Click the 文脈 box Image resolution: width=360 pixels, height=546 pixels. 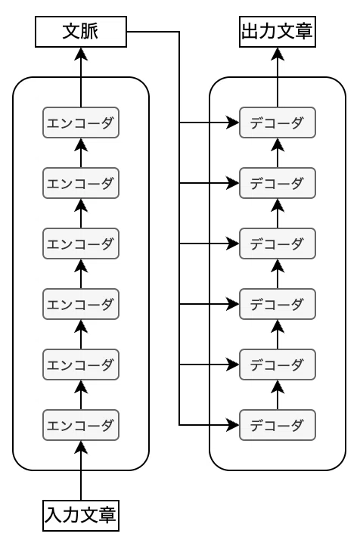pyautogui.click(x=81, y=31)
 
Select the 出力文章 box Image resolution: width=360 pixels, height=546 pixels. pyautogui.click(x=278, y=31)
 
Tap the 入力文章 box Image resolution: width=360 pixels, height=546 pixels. pyautogui.click(x=81, y=516)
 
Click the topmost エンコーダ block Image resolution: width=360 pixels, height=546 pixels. pyautogui.click(x=81, y=123)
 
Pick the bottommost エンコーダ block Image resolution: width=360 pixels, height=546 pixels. pyautogui.click(x=81, y=425)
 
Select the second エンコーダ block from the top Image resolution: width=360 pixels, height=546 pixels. pyautogui.click(x=81, y=183)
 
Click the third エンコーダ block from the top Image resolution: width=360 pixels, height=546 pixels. pyautogui.click(x=81, y=244)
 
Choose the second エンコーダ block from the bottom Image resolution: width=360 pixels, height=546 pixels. pyautogui.click(x=81, y=365)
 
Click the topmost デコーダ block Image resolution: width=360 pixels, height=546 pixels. pyautogui.click(x=278, y=123)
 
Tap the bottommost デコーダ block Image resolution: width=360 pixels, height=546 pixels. pyautogui.click(x=278, y=425)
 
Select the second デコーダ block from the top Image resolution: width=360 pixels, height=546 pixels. pyautogui.click(x=278, y=183)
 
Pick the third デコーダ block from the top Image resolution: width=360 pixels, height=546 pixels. pyautogui.click(x=278, y=244)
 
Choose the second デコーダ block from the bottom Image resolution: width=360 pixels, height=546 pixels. pyautogui.click(x=278, y=365)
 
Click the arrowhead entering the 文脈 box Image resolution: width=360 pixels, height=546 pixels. pyautogui.click(x=81, y=54)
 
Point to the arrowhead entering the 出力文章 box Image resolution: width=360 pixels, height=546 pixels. pyautogui.click(x=278, y=54)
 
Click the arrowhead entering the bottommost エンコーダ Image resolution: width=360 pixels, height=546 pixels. pyautogui.click(x=81, y=448)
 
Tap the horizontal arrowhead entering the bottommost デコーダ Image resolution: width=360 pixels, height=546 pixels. pyautogui.click(x=233, y=425)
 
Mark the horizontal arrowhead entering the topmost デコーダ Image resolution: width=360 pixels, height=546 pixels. pyautogui.click(x=233, y=123)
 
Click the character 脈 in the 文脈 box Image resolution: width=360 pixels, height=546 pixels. pyautogui.click(x=90, y=31)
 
